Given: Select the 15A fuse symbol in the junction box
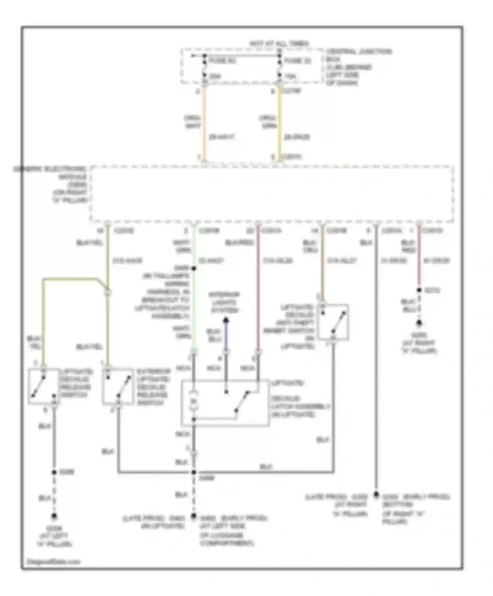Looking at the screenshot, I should [x=279, y=69].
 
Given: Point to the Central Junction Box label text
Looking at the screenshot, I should [x=358, y=67].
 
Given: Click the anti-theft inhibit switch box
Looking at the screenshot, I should [x=333, y=322].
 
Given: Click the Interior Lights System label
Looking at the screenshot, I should [x=224, y=302].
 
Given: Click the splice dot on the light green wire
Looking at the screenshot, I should [x=194, y=268].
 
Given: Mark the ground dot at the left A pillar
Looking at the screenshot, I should [x=54, y=516].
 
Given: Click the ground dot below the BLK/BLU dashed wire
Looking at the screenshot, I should [x=419, y=323].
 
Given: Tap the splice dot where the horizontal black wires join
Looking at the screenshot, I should [x=194, y=472].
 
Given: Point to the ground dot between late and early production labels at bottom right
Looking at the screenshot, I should [x=376, y=494].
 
